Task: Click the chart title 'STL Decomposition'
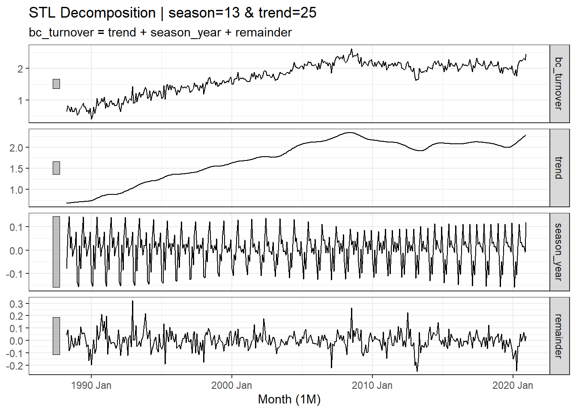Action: point(92,13)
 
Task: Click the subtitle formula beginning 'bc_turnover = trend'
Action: point(160,33)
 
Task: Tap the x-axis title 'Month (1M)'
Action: point(289,399)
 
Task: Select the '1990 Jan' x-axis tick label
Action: point(91,385)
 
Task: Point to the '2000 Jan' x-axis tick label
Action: point(231,385)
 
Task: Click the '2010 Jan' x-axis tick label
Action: point(372,385)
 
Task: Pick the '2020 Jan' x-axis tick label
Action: point(513,385)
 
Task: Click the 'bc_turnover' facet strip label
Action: point(559,84)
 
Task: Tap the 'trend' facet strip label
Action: point(559,168)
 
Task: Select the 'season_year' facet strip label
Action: point(559,252)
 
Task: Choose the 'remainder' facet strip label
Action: point(559,336)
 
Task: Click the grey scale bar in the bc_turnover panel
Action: point(56,84)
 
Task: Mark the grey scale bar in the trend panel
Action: point(56,168)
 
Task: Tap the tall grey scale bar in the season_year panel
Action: point(56,252)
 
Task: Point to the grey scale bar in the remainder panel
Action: point(56,336)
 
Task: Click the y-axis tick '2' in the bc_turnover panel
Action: point(20,69)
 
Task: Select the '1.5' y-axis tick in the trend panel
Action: point(17,169)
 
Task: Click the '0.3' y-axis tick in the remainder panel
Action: point(17,304)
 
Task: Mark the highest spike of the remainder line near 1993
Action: point(132,302)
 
